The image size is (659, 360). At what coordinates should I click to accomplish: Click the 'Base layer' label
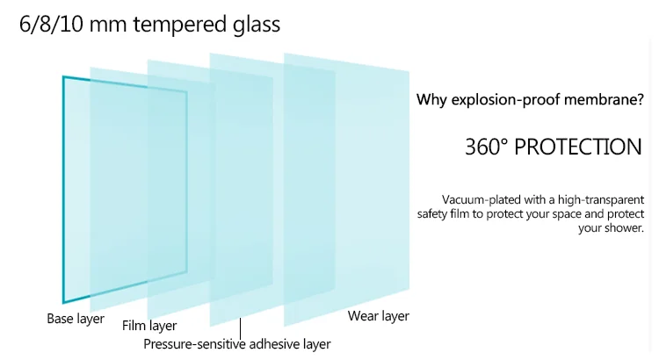tap(76, 318)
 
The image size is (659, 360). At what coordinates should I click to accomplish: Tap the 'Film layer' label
tap(149, 327)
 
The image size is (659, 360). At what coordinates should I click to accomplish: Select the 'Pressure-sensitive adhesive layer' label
tap(237, 344)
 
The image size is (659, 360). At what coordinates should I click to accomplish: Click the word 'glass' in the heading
tap(254, 24)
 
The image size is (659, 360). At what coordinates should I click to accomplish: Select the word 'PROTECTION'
tap(577, 147)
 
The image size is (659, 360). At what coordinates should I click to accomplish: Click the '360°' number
tap(487, 147)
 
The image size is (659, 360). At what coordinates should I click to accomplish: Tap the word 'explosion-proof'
tap(501, 100)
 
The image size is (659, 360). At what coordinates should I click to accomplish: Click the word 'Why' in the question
tap(431, 100)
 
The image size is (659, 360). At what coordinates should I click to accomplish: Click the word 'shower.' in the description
tap(623, 228)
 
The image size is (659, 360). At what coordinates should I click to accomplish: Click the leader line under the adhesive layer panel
tap(239, 328)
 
